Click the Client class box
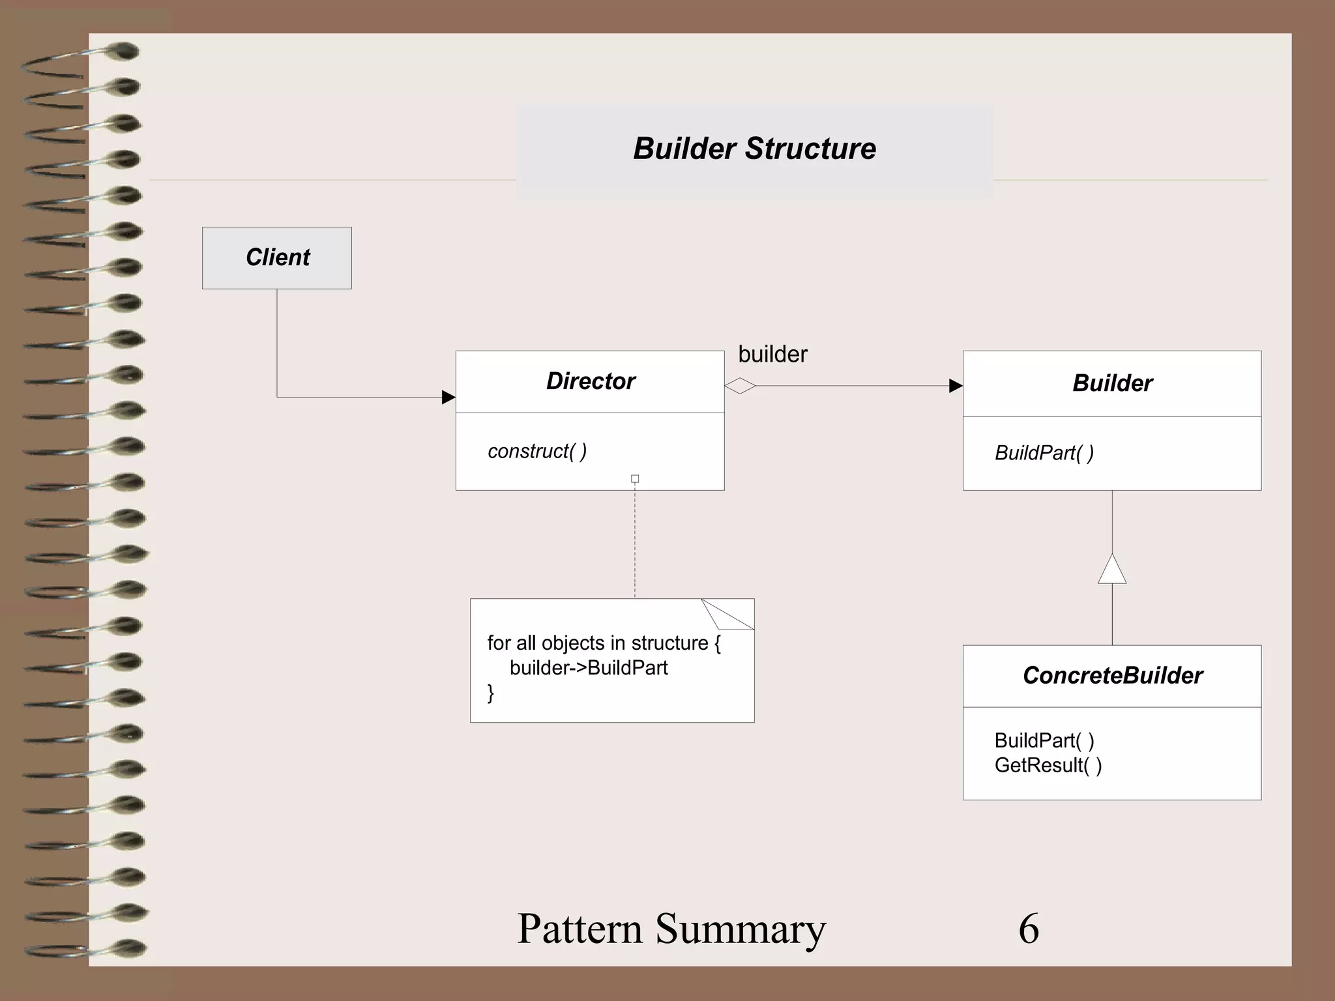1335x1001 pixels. coord(277,257)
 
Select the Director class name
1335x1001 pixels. coord(591,381)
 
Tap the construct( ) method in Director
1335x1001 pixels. coord(537,451)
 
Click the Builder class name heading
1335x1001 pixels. coord(1112,383)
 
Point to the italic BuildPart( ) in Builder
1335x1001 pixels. coord(1044,453)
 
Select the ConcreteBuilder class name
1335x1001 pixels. coord(1112,676)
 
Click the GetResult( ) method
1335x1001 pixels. coord(1048,765)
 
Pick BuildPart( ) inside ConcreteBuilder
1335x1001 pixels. coord(1044,740)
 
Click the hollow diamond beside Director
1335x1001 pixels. coord(740,386)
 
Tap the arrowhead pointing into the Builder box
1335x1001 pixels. coord(956,386)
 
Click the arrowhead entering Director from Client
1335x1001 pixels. coord(448,397)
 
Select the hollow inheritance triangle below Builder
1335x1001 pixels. coord(1112,570)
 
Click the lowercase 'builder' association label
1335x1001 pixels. coord(772,355)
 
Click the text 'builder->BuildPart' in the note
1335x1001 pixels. coord(589,668)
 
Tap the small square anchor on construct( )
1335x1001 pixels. coord(635,479)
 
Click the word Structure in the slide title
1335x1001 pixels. coord(810,149)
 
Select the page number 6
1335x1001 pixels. coord(1029,928)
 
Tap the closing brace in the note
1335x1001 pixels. coord(491,693)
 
